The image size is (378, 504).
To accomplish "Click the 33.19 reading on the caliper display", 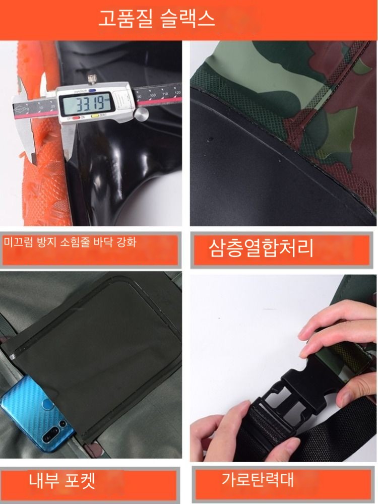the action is click(91, 103).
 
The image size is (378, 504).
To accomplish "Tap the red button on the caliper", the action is click(77, 117).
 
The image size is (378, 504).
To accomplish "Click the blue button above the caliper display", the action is click(92, 91).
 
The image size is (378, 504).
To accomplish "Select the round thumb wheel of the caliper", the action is click(141, 114).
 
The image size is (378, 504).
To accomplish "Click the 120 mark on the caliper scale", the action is click(177, 93).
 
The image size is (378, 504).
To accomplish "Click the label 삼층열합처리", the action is click(261, 248).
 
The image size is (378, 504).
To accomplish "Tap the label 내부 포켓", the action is click(62, 480).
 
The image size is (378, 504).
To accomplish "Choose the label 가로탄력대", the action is click(258, 479).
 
